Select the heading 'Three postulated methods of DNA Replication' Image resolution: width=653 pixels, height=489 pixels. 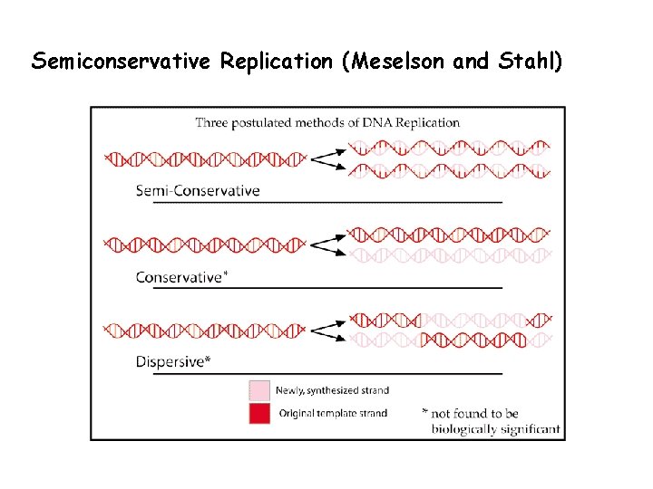(x=327, y=122)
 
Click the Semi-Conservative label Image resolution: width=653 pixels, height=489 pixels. (x=198, y=191)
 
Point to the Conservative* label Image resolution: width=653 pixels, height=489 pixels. (x=181, y=277)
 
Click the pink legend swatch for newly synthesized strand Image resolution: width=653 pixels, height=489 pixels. (x=259, y=390)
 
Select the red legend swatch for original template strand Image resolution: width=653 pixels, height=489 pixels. (x=259, y=413)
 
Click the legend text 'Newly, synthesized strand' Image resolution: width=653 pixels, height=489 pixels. (x=332, y=390)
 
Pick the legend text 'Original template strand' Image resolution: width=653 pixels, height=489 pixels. (x=331, y=414)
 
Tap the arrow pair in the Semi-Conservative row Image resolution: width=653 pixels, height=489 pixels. (x=328, y=159)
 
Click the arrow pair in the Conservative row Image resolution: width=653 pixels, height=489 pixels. (x=328, y=244)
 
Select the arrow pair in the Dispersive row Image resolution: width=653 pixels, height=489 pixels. (x=328, y=331)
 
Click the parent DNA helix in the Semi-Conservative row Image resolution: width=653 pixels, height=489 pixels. (x=206, y=159)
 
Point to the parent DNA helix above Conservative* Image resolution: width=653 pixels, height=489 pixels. (x=206, y=244)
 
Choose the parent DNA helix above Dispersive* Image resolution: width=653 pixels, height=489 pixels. (x=206, y=331)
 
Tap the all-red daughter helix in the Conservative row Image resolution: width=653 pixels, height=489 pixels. (x=450, y=235)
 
